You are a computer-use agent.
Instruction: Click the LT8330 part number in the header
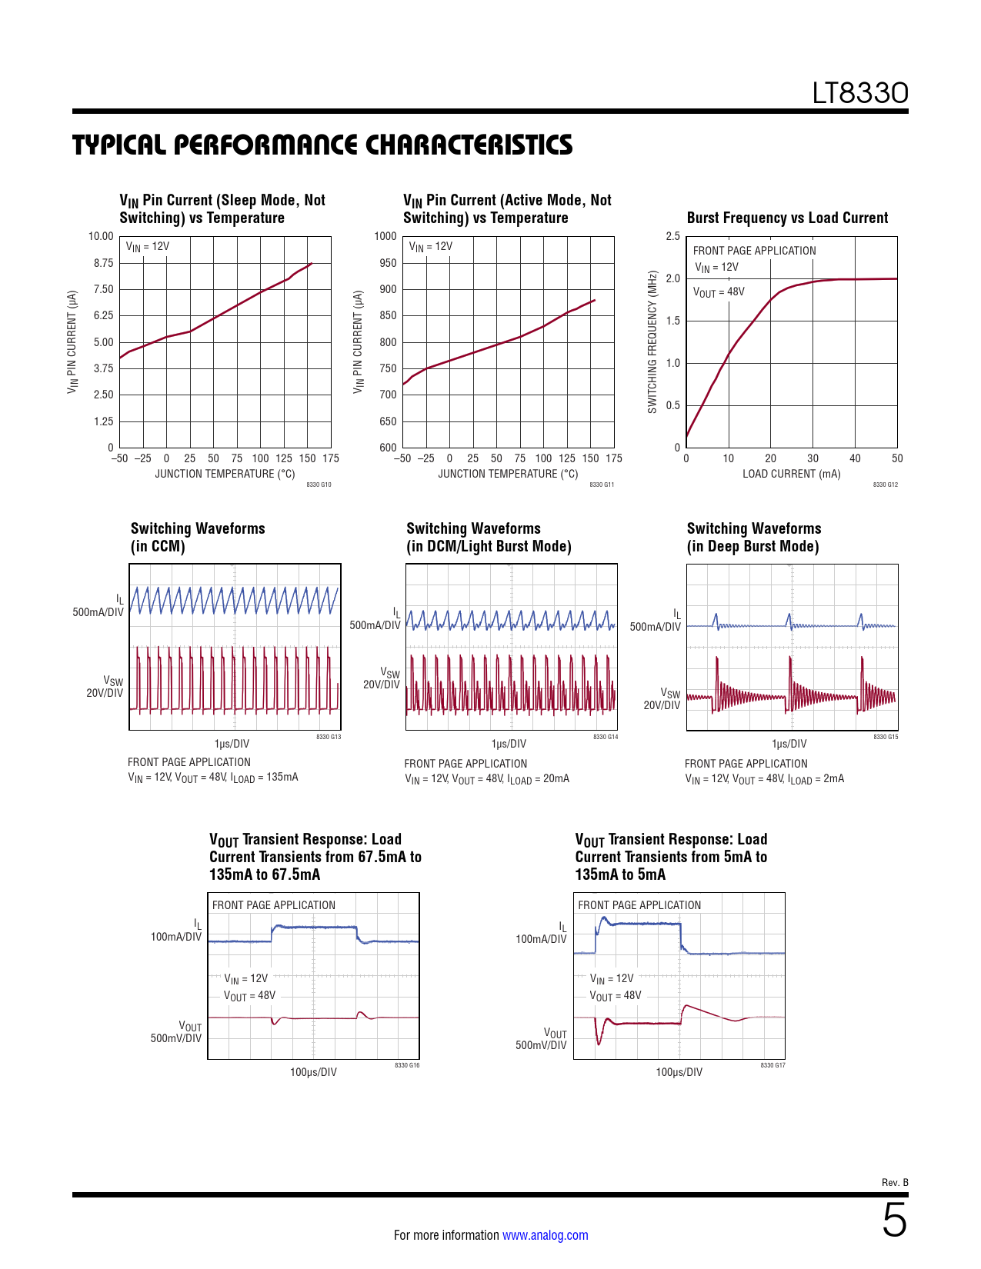coord(860,93)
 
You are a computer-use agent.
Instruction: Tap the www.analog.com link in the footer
coord(545,1235)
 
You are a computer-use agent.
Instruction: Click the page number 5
coord(894,1220)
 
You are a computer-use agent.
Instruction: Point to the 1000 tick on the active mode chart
coord(385,236)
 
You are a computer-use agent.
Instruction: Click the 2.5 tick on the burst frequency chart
coord(673,236)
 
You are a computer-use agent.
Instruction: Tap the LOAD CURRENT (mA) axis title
coord(791,474)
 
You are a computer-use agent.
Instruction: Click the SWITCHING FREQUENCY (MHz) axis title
coord(652,341)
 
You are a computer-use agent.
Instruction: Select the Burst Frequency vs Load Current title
coord(787,218)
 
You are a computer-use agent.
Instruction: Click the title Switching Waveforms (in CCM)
coord(198,537)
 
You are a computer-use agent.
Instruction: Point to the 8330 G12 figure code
coord(886,485)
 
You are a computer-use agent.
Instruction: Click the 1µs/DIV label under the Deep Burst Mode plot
coord(789,744)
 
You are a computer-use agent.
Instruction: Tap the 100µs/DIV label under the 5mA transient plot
coord(679,1072)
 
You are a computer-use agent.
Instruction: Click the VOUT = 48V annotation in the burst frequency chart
coord(719,292)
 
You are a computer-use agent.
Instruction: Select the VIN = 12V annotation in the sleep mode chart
coord(148,247)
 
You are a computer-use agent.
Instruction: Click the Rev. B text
coord(895,1182)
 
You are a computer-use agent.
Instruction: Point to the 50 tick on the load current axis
coord(897,458)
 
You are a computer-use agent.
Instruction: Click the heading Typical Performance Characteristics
coord(322,145)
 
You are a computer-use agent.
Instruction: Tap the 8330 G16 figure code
coord(407,1065)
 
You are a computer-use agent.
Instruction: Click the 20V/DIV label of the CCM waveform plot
coord(105,693)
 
